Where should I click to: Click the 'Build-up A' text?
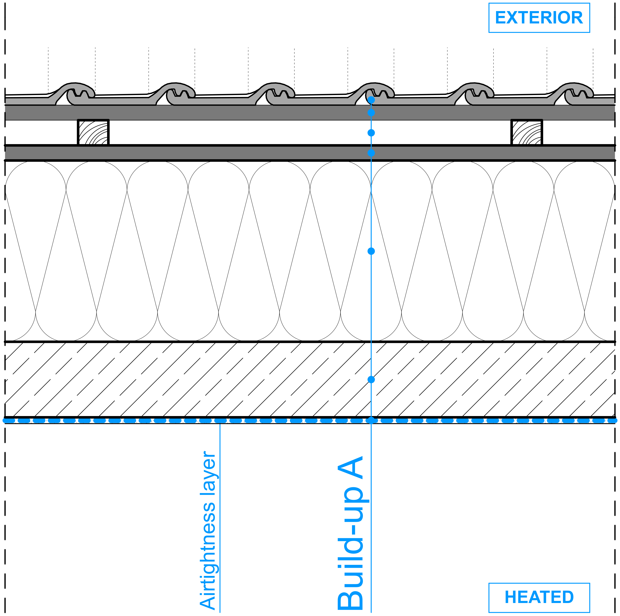coord(351,532)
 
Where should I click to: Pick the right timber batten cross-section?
coord(527,132)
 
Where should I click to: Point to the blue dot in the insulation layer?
coord(371,251)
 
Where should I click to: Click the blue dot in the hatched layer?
coord(371,380)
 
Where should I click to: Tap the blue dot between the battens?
coord(371,133)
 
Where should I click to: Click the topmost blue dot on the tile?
coord(371,100)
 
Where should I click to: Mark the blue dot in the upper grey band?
coord(371,113)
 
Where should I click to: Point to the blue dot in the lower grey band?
coord(371,153)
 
